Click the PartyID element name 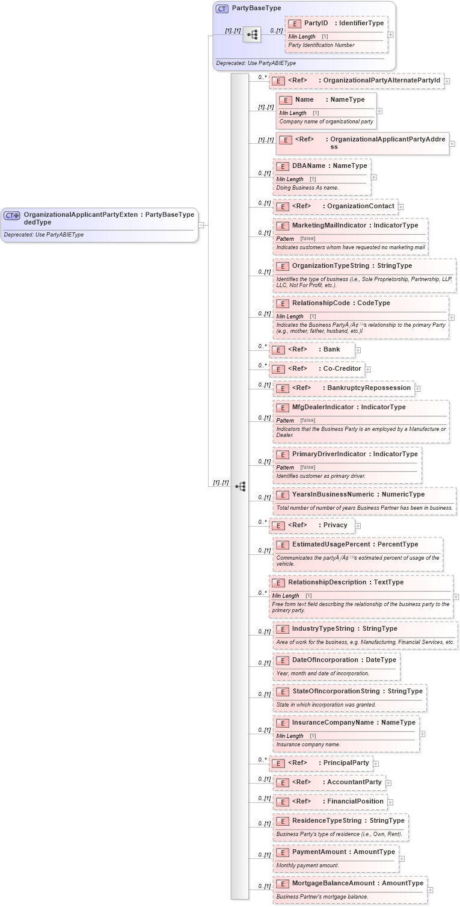[x=316, y=23]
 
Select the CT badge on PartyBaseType [x=222, y=8]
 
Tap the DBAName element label [x=308, y=166]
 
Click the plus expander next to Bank [x=358, y=350]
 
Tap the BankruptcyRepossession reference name [x=369, y=388]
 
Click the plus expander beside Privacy [x=358, y=526]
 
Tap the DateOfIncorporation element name [x=325, y=660]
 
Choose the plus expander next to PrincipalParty [x=376, y=764]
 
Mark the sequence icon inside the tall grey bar [x=241, y=486]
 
